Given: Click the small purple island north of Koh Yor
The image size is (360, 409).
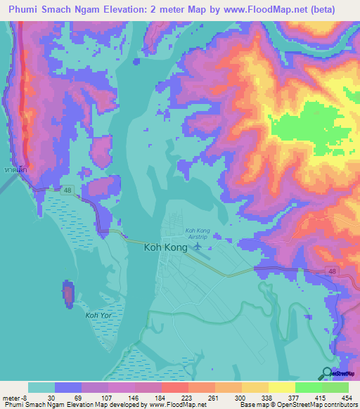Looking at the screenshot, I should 68,294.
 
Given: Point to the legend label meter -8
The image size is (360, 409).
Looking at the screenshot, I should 15,397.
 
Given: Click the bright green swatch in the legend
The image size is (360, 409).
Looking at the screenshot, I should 308,387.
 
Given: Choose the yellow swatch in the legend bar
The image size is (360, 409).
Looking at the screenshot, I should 281,387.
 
